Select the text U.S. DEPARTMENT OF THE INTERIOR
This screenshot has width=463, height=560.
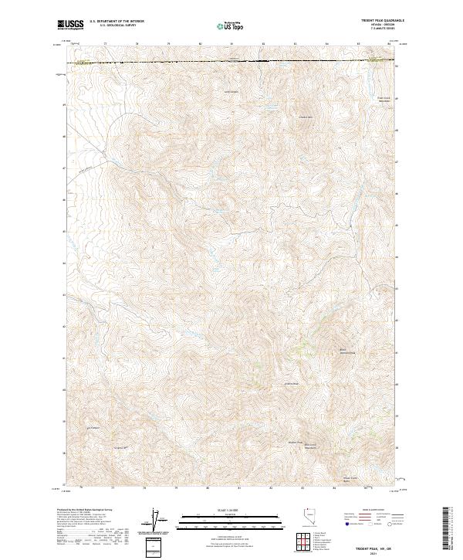(117, 22)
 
